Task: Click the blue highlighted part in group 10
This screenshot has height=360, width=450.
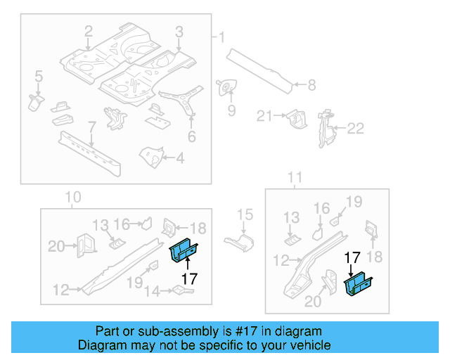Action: (x=185, y=250)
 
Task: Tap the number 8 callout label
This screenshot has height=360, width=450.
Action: (x=312, y=86)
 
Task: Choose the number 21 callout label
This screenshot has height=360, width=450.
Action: (x=264, y=116)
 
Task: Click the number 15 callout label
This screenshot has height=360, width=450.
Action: (x=244, y=215)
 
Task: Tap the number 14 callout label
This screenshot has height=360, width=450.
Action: (x=151, y=290)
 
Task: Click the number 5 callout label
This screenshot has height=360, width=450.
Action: (x=38, y=76)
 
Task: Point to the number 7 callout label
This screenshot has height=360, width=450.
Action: (x=91, y=126)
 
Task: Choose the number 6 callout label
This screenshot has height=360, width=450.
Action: (x=191, y=137)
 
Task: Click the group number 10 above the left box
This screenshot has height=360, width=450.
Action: (x=72, y=197)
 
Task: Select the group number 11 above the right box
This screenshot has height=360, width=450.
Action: (x=295, y=176)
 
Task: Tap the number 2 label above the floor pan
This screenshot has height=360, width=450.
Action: (x=89, y=31)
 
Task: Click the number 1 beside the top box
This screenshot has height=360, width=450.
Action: (x=222, y=37)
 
